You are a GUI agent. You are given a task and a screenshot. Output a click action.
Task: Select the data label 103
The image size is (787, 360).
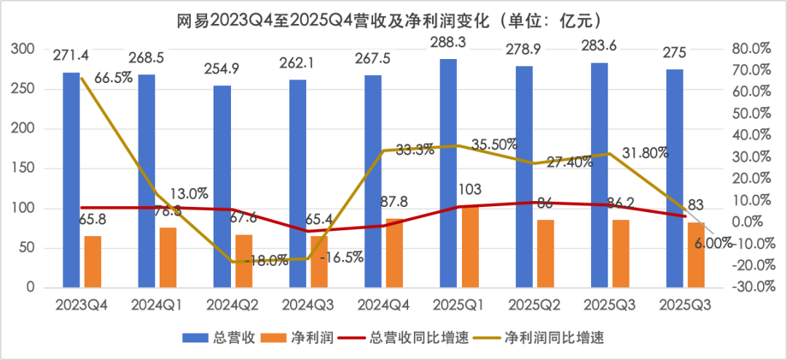coord(470,190)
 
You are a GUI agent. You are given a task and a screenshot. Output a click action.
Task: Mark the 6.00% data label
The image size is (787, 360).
coord(713,245)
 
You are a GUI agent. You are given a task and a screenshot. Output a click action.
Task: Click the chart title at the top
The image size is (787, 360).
coord(393,17)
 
